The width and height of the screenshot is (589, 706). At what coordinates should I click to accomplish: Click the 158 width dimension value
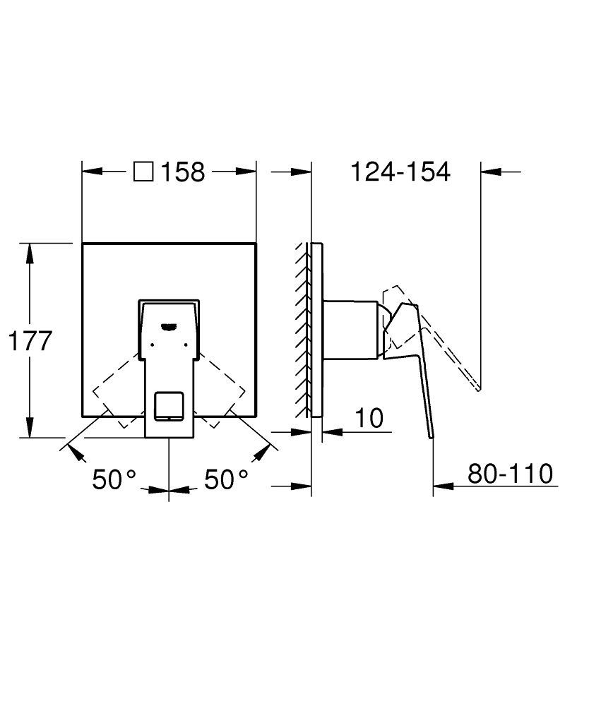[x=183, y=172]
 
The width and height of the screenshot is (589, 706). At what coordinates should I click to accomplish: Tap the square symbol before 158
[x=144, y=172]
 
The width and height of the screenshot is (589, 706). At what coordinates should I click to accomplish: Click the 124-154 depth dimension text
[x=400, y=172]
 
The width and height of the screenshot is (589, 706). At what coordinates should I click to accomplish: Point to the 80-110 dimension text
[x=510, y=474]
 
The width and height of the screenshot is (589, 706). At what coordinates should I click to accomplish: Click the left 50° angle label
[x=113, y=480]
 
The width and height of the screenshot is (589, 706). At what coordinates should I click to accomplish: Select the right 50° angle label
[x=226, y=480]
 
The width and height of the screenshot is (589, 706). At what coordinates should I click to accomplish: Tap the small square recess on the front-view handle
[x=168, y=405]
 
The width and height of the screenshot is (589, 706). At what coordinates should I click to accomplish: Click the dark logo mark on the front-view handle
[x=169, y=325]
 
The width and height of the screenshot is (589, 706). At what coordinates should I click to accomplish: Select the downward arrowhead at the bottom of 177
[x=30, y=428]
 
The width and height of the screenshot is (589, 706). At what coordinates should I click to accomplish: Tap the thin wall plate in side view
[x=317, y=332]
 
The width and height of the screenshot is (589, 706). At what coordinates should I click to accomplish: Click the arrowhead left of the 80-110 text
[x=442, y=486]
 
